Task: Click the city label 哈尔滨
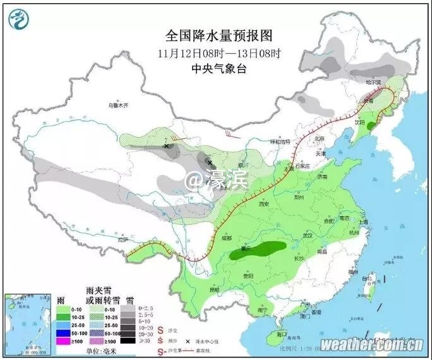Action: [375, 82]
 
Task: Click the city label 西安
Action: [263, 204]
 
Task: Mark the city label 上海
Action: [362, 222]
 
